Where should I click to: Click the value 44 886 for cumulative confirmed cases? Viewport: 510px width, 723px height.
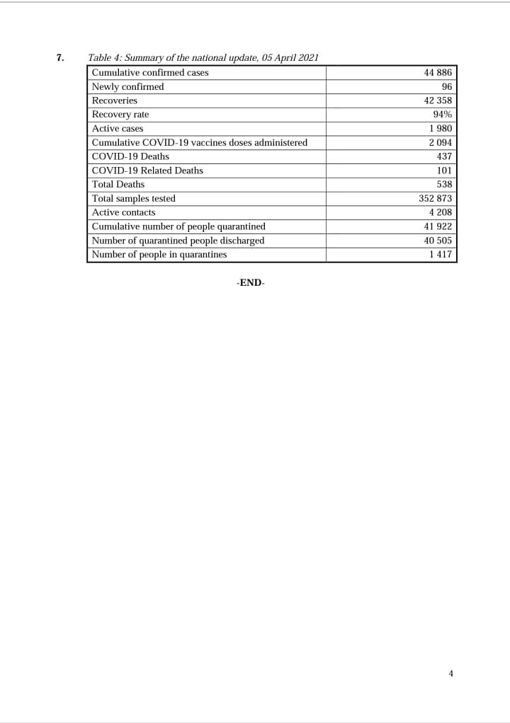438,73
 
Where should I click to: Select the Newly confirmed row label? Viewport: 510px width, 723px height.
127,87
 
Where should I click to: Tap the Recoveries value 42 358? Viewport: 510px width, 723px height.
438,100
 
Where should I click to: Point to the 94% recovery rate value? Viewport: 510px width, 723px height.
443,115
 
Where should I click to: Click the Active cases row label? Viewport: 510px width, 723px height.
118,129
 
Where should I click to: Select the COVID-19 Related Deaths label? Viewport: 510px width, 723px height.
147,170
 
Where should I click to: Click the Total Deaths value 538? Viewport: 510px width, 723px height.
444,185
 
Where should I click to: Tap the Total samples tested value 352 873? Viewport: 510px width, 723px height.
436,199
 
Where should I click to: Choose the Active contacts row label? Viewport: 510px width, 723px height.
123,212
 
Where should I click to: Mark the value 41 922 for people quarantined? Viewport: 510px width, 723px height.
438,226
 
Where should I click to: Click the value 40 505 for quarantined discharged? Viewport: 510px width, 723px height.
438,241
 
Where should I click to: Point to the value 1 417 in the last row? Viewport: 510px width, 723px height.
441,255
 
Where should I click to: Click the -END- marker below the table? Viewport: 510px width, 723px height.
250,282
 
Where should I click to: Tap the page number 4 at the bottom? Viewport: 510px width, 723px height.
450,673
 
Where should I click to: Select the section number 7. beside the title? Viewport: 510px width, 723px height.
60,58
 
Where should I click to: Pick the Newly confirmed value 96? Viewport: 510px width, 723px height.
446,87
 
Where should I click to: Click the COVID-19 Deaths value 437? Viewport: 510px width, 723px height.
444,156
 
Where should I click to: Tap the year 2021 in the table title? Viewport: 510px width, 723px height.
308,58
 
